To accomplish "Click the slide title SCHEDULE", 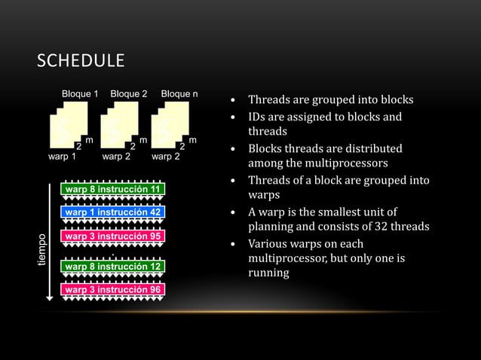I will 81,60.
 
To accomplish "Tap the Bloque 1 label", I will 80,94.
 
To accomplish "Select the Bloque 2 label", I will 128,94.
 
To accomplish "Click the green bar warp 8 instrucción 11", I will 112,189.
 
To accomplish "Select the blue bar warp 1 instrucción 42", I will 112,212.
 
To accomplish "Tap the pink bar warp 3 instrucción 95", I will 112,236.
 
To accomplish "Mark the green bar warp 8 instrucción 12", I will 112,267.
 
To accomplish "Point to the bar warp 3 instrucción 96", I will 112,290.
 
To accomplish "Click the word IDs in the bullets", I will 257,117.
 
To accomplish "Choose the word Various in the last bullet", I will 268,243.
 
